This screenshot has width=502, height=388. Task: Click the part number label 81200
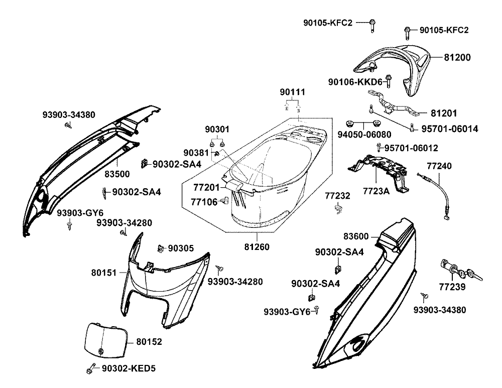(x=457, y=58)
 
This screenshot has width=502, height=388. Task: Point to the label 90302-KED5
(x=129, y=368)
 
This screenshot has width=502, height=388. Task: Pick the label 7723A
(x=376, y=191)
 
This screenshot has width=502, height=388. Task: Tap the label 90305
(x=181, y=248)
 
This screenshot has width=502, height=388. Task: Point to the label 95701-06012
(x=411, y=148)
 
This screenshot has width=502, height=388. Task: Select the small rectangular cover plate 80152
(x=104, y=339)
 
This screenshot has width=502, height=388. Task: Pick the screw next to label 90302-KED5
(x=90, y=369)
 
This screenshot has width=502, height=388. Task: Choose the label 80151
(x=104, y=273)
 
